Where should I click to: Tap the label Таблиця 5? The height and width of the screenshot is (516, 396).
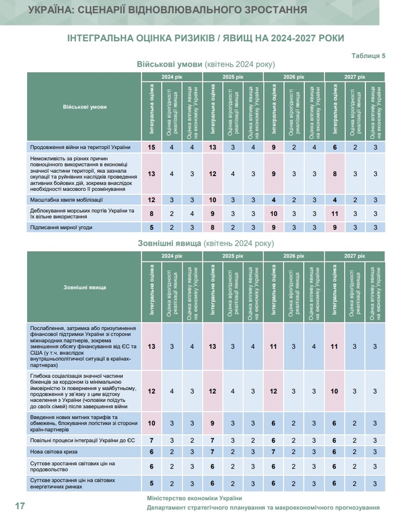(x=368, y=56)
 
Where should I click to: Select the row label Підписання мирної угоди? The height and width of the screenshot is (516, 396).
(x=61, y=228)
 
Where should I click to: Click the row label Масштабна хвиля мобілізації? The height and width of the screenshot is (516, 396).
(x=67, y=200)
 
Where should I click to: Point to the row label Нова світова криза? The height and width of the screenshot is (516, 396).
(x=54, y=452)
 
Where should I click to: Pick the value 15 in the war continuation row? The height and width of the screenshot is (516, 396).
(x=152, y=147)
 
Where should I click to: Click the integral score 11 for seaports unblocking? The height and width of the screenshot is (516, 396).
(x=335, y=214)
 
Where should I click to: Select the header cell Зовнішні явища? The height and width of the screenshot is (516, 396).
(x=84, y=287)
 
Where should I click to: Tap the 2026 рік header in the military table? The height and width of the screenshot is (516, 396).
(x=294, y=76)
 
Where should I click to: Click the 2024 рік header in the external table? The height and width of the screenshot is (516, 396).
(x=171, y=256)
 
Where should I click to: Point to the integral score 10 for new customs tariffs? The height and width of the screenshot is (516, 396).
(x=152, y=423)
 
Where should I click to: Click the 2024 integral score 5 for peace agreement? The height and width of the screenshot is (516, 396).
(x=152, y=228)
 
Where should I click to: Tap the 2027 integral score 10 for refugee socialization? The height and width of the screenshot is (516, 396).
(x=335, y=391)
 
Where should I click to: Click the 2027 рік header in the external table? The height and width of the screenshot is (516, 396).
(x=355, y=256)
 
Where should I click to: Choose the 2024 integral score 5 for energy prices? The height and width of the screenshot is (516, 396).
(x=152, y=483)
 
